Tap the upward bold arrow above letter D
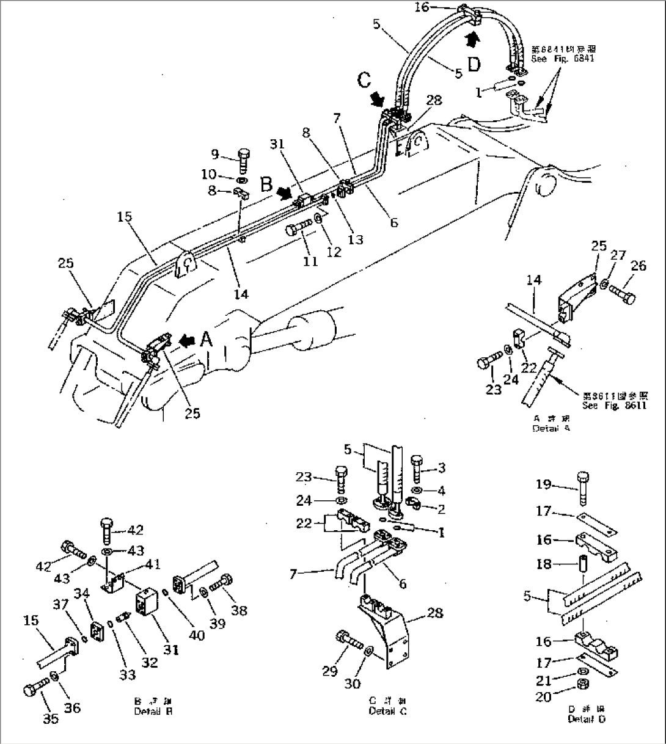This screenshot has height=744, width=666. pos(469,40)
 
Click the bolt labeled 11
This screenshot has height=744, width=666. pos(296,230)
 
